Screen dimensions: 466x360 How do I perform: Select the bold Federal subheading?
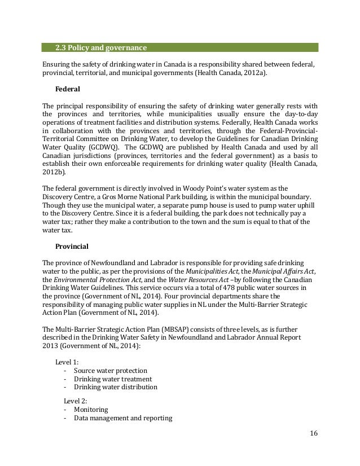point(68,89)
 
